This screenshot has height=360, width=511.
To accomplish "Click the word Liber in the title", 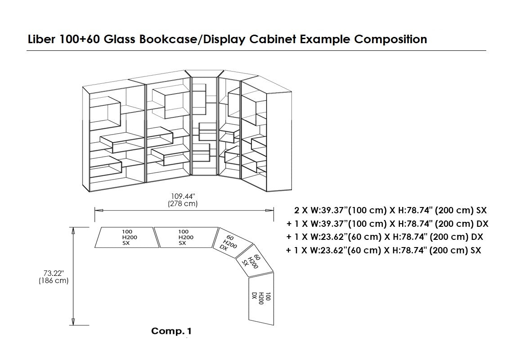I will click(x=41, y=40).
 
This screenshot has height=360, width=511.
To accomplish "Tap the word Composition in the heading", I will click(x=390, y=40).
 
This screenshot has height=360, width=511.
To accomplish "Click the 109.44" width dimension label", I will click(x=184, y=196).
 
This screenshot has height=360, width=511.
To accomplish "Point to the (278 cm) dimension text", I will click(x=184, y=203).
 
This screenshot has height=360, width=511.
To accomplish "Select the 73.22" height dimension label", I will click(x=54, y=273).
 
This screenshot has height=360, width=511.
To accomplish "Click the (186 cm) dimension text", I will click(x=54, y=280).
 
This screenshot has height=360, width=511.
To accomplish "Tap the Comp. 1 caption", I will click(x=171, y=331).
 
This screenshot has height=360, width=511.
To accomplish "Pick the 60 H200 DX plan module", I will click(x=230, y=243).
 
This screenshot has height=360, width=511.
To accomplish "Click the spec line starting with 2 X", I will click(x=390, y=210).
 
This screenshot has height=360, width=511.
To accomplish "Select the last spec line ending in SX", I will click(x=384, y=250).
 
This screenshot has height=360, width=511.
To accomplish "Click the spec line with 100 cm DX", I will click(x=387, y=224).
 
